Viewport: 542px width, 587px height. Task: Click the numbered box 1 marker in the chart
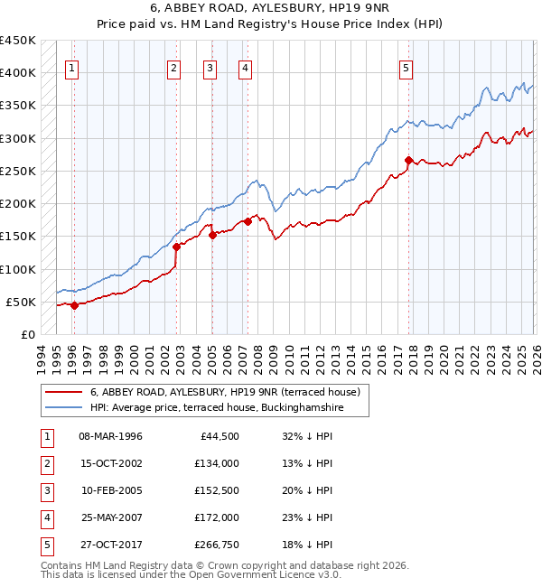click(72, 67)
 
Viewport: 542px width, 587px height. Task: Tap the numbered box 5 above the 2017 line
click(406, 67)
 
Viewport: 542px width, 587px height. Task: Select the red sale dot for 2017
click(408, 161)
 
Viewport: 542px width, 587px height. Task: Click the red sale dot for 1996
click(75, 305)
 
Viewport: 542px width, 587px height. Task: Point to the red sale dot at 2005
click(212, 235)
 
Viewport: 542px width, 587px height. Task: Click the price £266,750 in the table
click(217, 545)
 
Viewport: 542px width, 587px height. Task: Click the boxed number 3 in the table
click(45, 490)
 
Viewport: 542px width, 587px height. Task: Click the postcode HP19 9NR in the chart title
click(332, 8)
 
